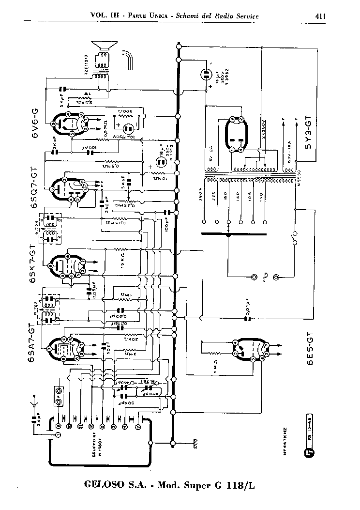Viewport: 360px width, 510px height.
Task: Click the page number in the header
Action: [319, 16]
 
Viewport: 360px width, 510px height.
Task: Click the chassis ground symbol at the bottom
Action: [195, 443]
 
